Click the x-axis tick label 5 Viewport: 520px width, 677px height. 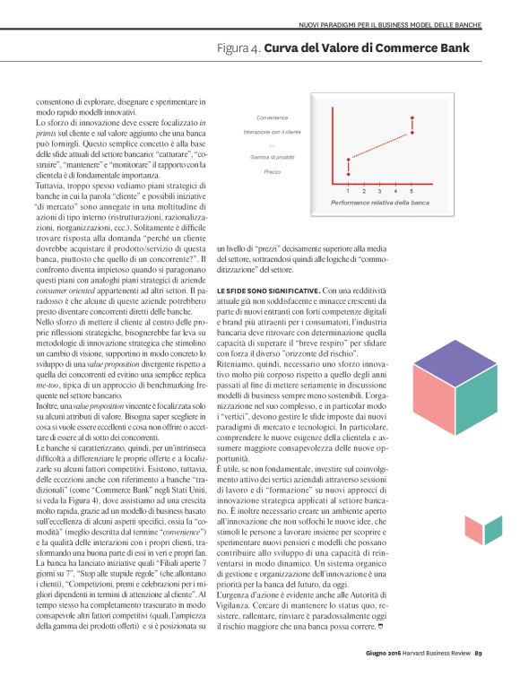[x=412, y=191]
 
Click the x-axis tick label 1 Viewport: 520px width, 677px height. [x=348, y=191]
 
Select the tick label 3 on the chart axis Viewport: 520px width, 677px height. [x=380, y=191]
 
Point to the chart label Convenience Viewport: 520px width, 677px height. [x=272, y=118]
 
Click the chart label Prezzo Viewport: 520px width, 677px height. [x=272, y=170]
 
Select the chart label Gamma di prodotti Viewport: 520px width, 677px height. [x=272, y=157]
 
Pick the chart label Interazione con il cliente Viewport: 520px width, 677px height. [x=272, y=131]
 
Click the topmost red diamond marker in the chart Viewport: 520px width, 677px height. [x=412, y=117]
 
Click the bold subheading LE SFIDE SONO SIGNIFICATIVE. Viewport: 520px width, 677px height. [x=267, y=266]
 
